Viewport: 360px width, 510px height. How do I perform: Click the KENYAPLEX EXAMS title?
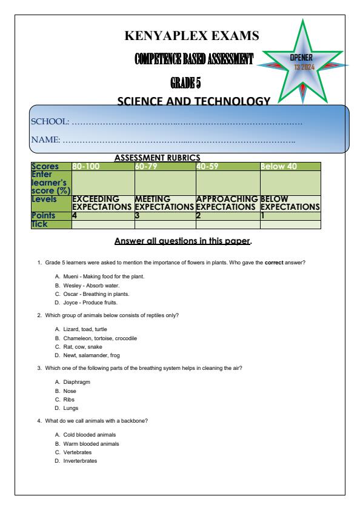[192, 37]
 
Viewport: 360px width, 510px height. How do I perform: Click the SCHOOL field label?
[50, 122]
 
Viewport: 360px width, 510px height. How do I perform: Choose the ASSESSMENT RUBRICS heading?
[157, 158]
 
